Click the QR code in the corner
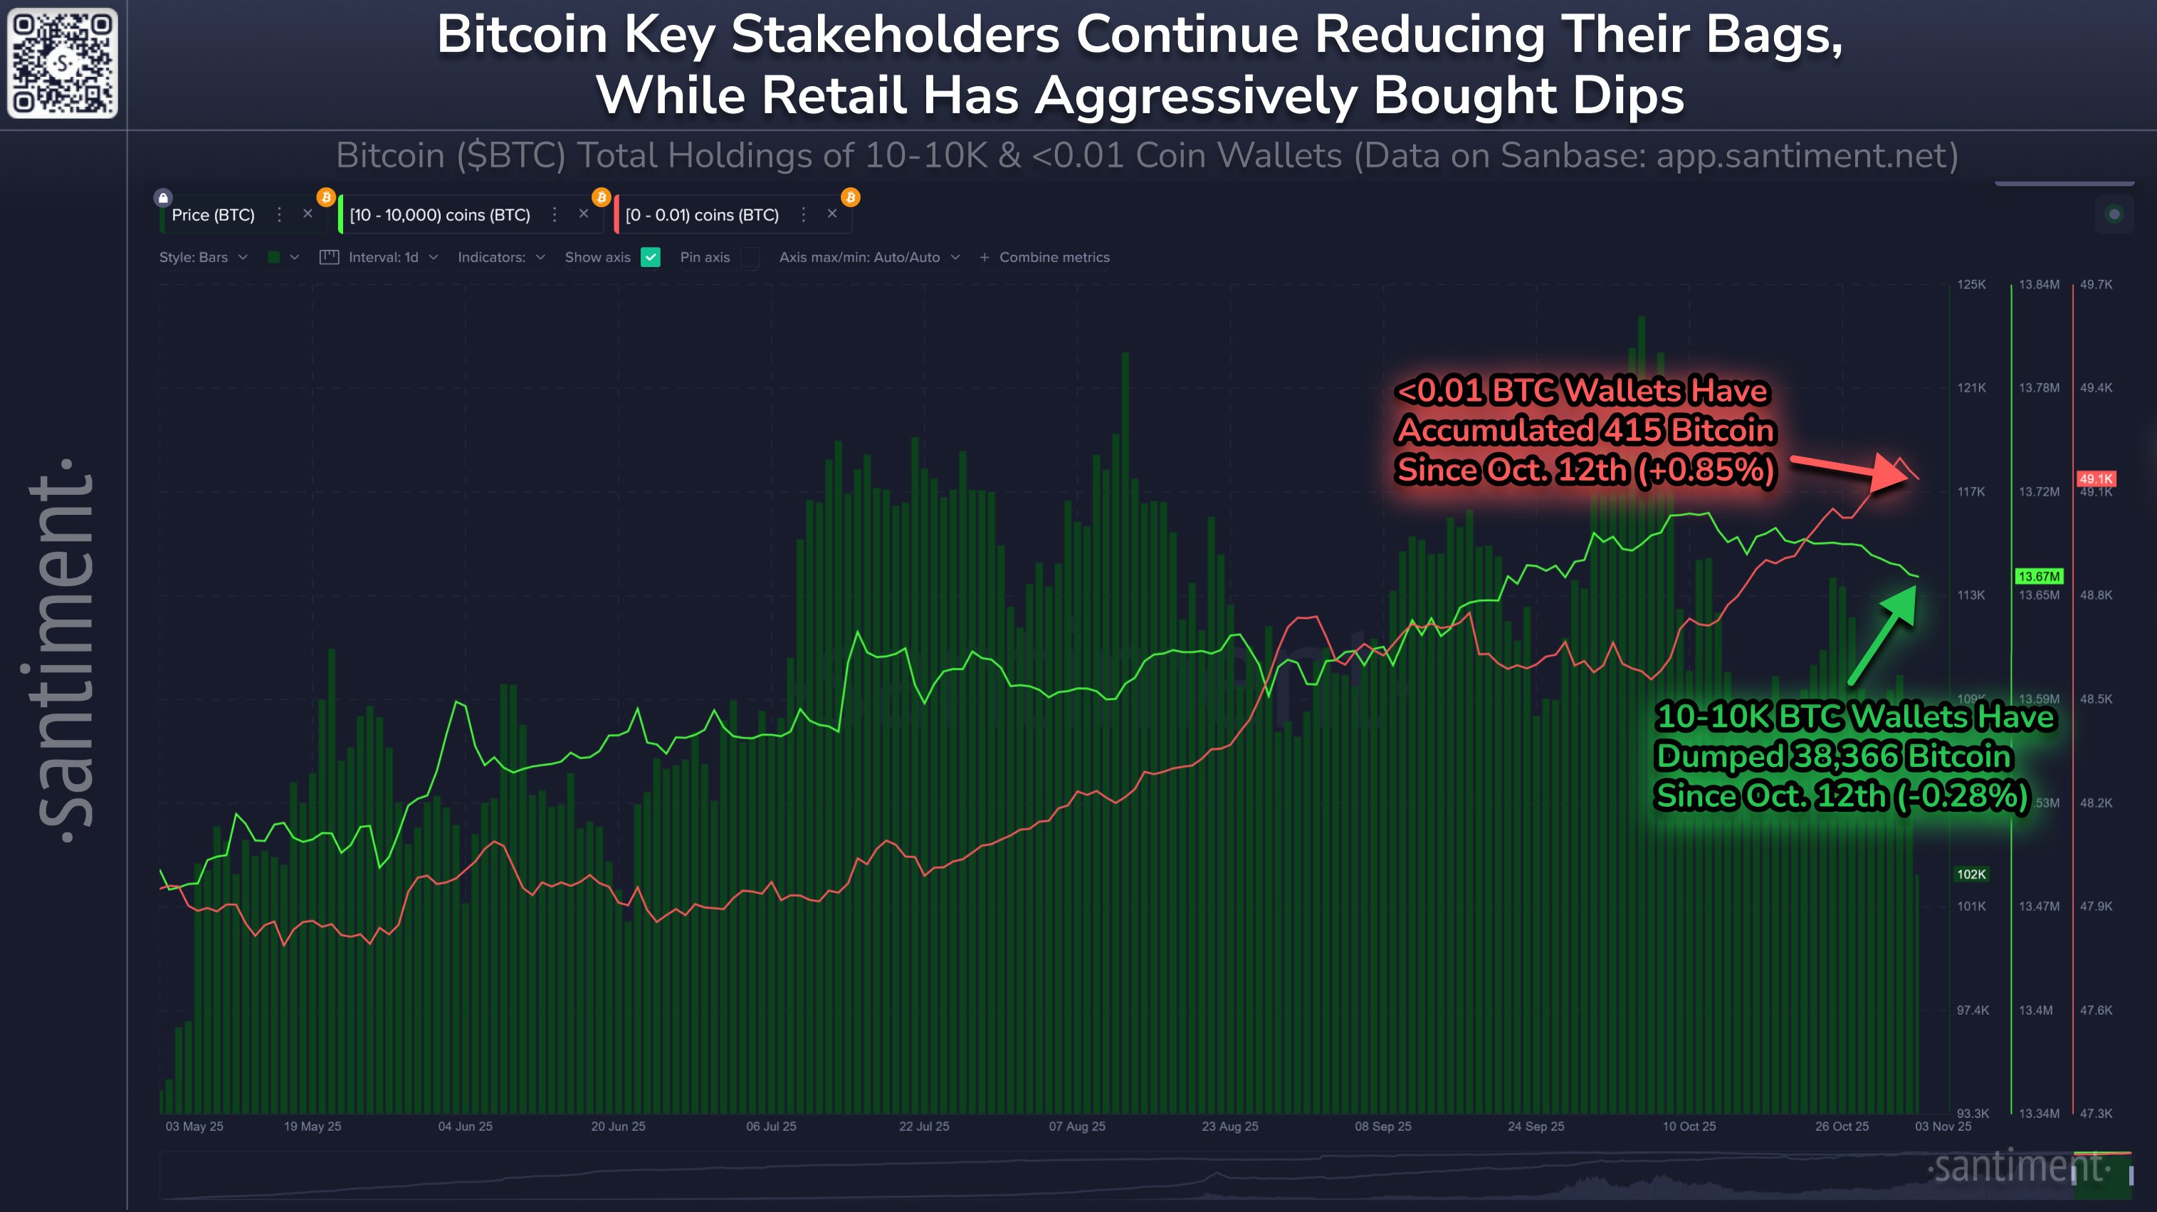coord(63,63)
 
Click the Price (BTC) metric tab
coord(213,215)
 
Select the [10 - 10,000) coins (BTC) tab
coord(440,215)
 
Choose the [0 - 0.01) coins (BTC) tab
coord(702,215)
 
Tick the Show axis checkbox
coord(651,257)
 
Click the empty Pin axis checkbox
coord(750,257)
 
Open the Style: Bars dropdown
coord(203,257)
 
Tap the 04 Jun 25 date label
coord(465,1126)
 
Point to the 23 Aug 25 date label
coord(1229,1126)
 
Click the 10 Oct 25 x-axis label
coord(1688,1126)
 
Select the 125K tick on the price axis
coord(1971,285)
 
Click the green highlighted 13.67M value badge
coord(2038,576)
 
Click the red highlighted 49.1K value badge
coord(2095,479)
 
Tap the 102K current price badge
coord(1970,874)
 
